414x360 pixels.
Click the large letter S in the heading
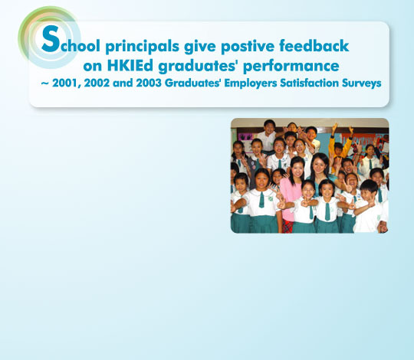(x=51, y=38)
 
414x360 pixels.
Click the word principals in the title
(x=143, y=47)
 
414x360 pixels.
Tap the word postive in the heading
(x=248, y=47)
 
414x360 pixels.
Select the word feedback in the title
(x=314, y=45)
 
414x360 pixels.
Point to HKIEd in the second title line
(x=130, y=65)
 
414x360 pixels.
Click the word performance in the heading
(x=291, y=67)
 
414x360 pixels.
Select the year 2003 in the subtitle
(x=149, y=83)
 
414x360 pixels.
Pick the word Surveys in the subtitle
(x=361, y=83)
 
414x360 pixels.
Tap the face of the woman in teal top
(x=320, y=165)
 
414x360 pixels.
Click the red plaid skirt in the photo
(x=288, y=226)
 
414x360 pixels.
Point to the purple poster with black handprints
(x=246, y=137)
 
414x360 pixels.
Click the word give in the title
(x=200, y=47)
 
